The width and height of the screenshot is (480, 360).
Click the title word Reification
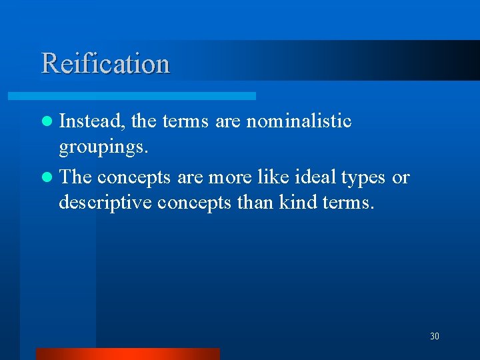(x=105, y=63)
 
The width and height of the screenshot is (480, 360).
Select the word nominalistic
(x=299, y=121)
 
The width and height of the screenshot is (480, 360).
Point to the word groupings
(x=103, y=147)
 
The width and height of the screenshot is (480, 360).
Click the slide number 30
(x=435, y=337)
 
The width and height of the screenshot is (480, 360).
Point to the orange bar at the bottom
(x=127, y=353)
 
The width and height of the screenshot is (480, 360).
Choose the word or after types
(x=401, y=178)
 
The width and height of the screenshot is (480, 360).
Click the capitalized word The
(x=75, y=177)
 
